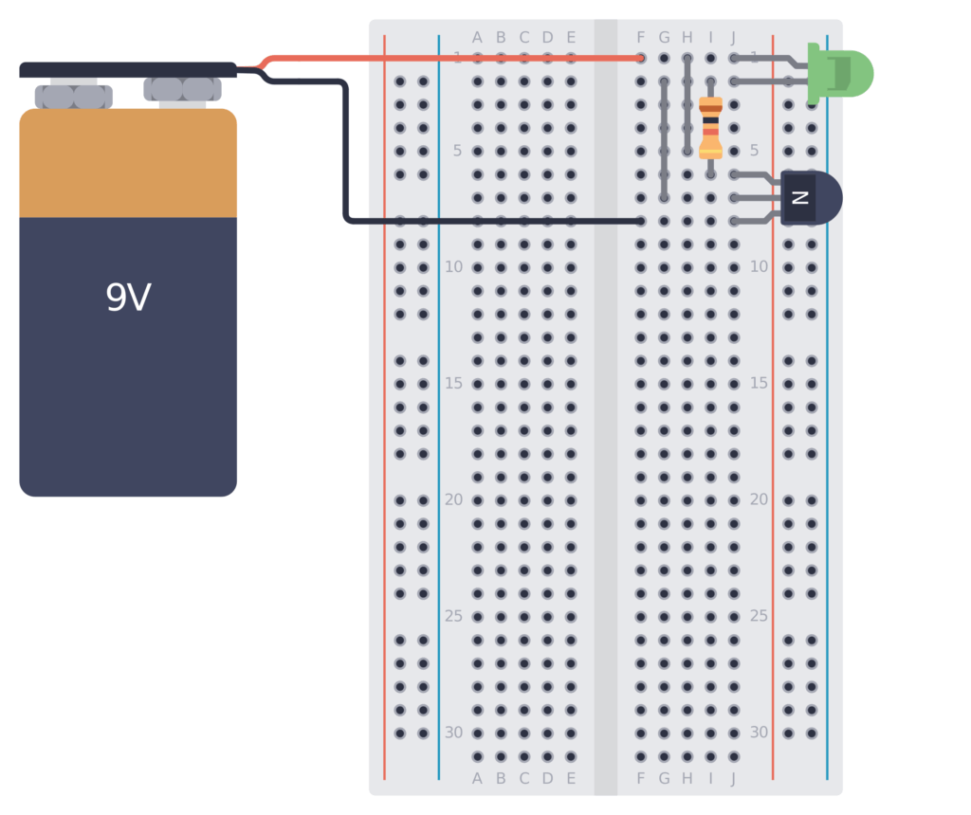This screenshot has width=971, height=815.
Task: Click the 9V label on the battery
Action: click(x=128, y=299)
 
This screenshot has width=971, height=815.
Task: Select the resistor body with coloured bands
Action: click(x=710, y=127)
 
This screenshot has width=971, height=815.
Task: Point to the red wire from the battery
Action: click(x=455, y=58)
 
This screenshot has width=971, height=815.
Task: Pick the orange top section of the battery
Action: click(x=128, y=163)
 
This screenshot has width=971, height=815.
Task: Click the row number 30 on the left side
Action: click(x=454, y=733)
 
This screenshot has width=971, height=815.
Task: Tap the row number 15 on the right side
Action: click(x=759, y=383)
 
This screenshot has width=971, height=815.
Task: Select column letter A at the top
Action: click(x=477, y=38)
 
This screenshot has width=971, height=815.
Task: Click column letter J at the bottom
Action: click(x=733, y=779)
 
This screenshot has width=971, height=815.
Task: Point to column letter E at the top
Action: click(x=571, y=38)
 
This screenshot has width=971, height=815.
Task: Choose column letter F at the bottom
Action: click(x=641, y=779)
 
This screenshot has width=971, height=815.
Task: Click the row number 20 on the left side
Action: click(x=454, y=499)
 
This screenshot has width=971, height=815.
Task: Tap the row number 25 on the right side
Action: click(x=759, y=616)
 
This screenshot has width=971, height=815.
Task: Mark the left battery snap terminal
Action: click(x=74, y=96)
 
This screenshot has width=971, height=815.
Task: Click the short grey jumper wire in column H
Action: click(x=687, y=104)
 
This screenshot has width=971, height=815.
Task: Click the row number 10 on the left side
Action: click(x=454, y=267)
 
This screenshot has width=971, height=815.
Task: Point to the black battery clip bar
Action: click(x=128, y=69)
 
